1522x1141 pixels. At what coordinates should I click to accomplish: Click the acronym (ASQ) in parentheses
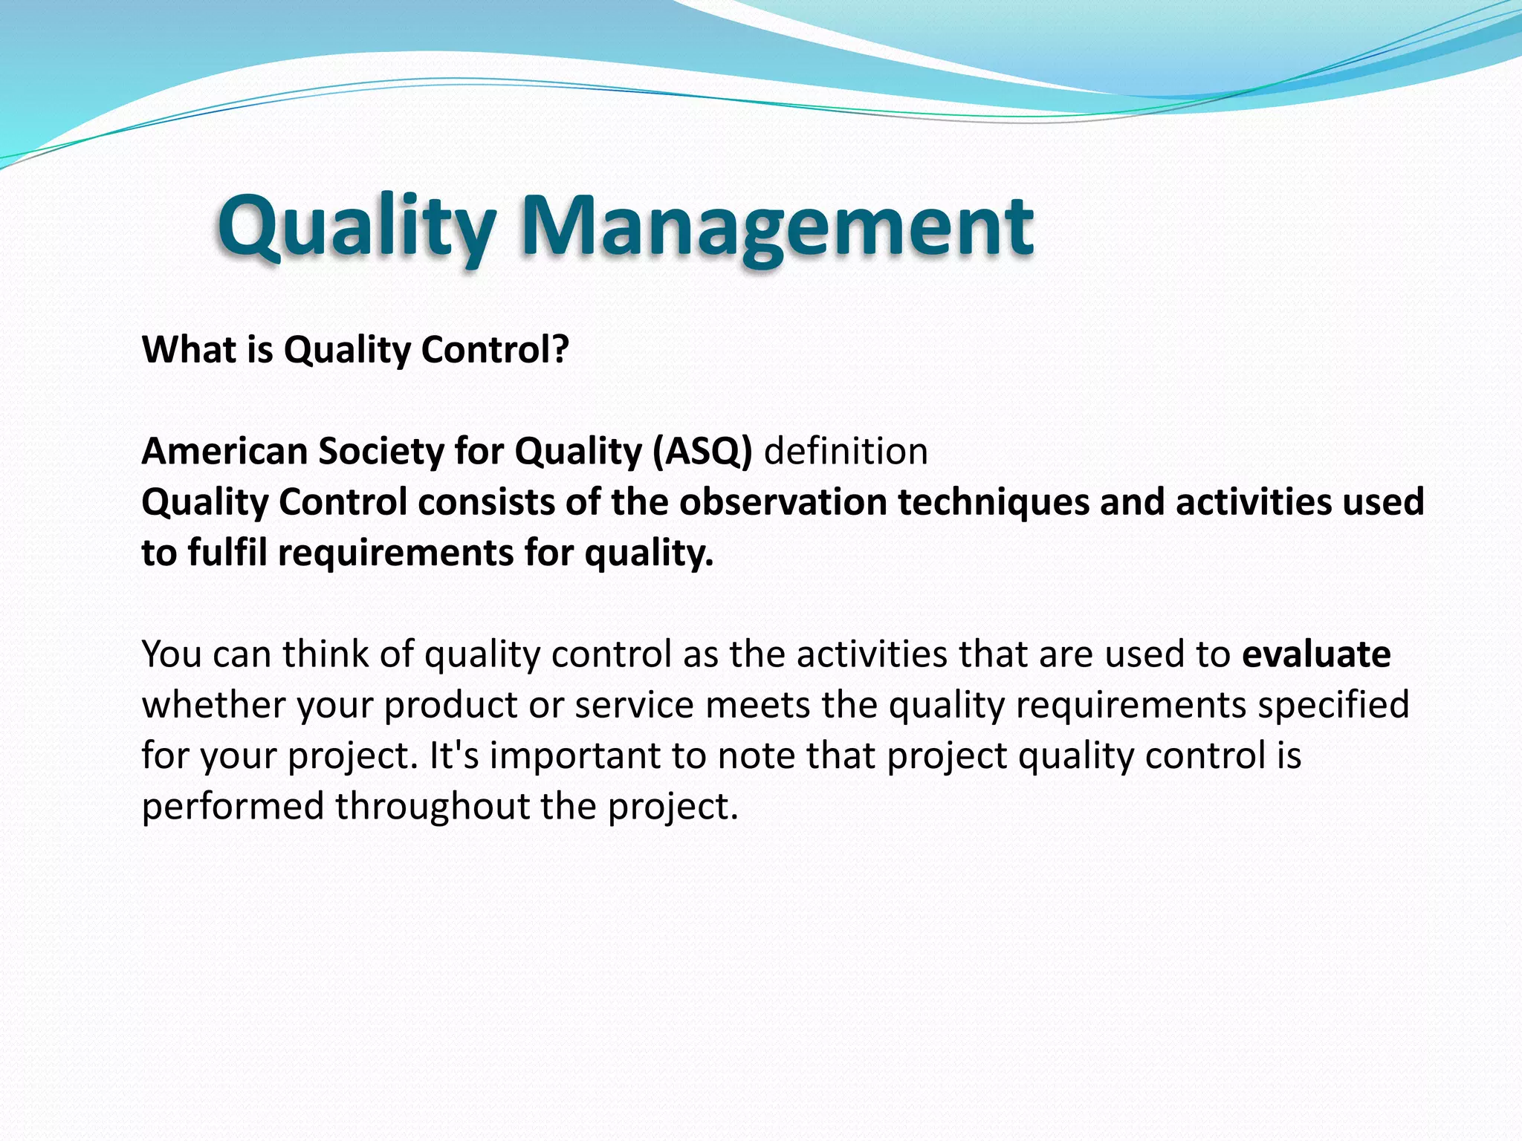pyautogui.click(x=703, y=452)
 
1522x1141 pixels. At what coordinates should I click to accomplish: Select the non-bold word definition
pyautogui.click(x=846, y=452)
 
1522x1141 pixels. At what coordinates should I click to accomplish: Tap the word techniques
pyautogui.click(x=993, y=502)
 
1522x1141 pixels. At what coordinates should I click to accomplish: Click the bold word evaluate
pyautogui.click(x=1316, y=654)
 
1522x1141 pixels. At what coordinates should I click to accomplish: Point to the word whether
pyautogui.click(x=213, y=705)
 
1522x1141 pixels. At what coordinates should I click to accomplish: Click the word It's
pyautogui.click(x=454, y=755)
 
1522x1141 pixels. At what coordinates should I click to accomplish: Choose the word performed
pyautogui.click(x=232, y=806)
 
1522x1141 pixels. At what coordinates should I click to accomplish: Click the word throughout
pyautogui.click(x=432, y=806)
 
